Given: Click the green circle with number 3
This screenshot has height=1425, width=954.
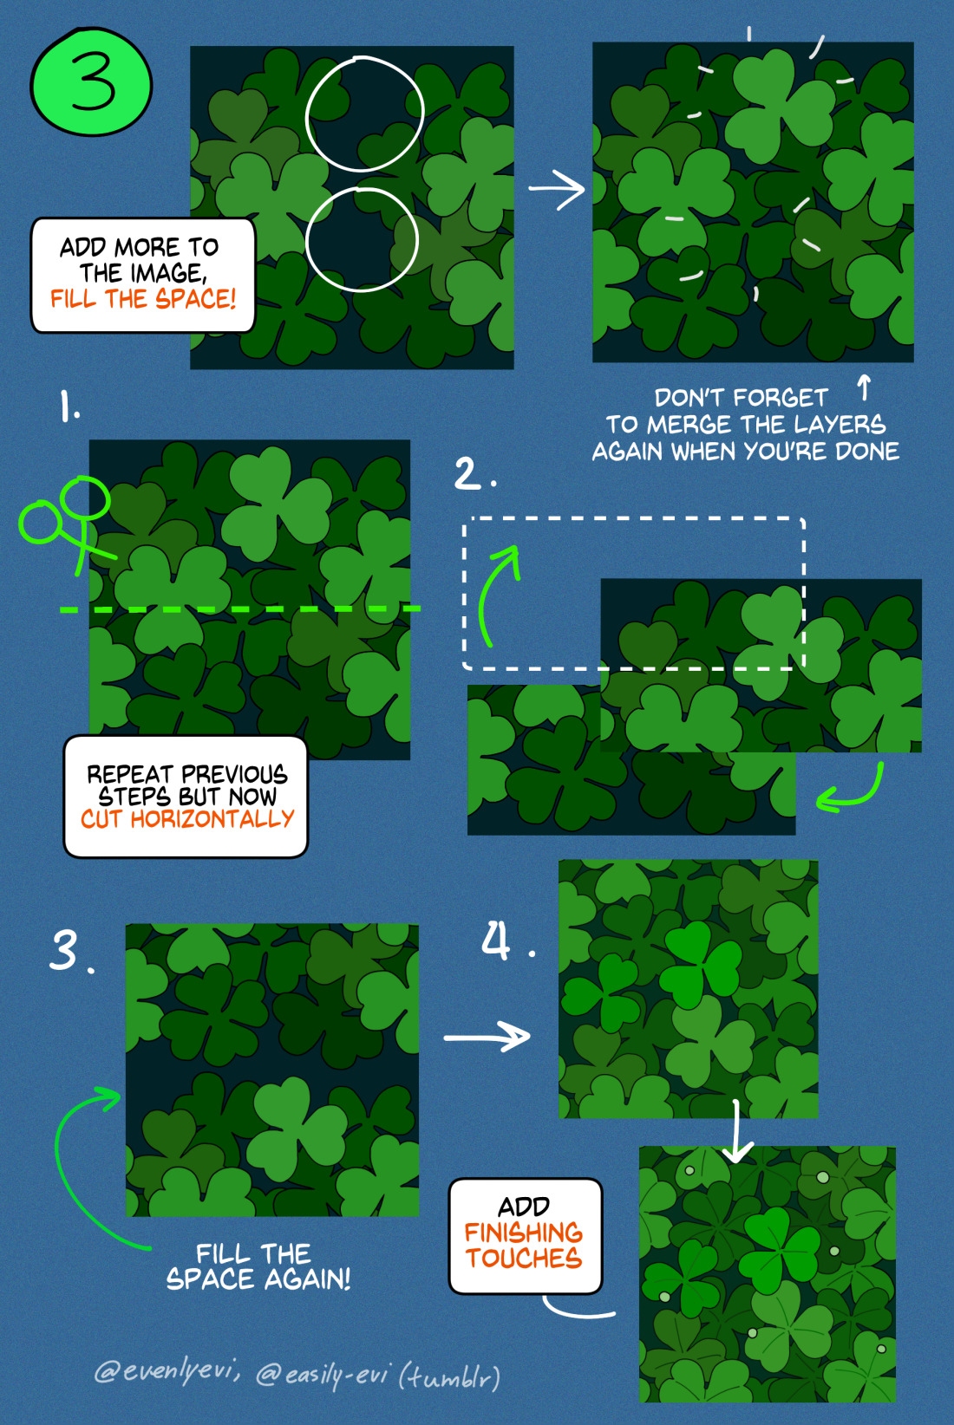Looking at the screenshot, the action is pyautogui.click(x=91, y=81).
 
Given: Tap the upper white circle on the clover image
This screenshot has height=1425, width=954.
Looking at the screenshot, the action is pyautogui.click(x=307, y=114).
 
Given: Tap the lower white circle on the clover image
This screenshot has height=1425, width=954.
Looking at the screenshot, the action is pyautogui.click(x=306, y=240).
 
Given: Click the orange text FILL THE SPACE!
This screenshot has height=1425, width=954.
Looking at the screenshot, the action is pyautogui.click(x=143, y=298).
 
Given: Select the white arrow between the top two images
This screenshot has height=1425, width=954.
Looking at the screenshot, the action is pyautogui.click(x=556, y=189).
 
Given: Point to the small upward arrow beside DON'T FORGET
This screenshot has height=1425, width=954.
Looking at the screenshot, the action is pyautogui.click(x=864, y=387).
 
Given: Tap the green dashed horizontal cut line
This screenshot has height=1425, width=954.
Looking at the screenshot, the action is pyautogui.click(x=240, y=609).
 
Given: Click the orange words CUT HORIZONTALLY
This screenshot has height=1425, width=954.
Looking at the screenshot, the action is pyautogui.click(x=187, y=819).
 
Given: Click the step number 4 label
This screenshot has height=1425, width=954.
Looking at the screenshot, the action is pyautogui.click(x=496, y=940).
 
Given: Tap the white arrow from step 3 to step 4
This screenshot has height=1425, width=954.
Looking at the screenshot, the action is pyautogui.click(x=487, y=1038).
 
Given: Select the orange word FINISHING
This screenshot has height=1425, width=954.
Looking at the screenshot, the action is pyautogui.click(x=523, y=1233).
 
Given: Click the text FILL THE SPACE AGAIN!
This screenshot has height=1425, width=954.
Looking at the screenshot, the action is pyautogui.click(x=257, y=1266).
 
